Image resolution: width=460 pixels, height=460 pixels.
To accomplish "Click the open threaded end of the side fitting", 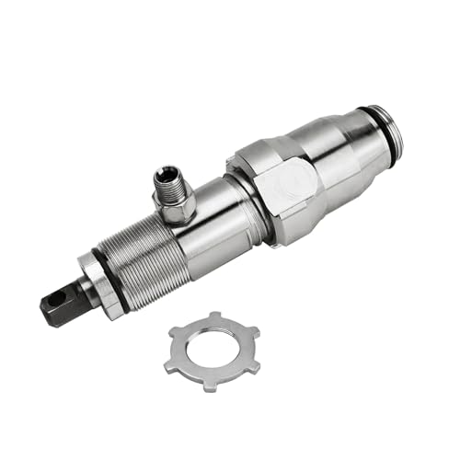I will tap(169, 174).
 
